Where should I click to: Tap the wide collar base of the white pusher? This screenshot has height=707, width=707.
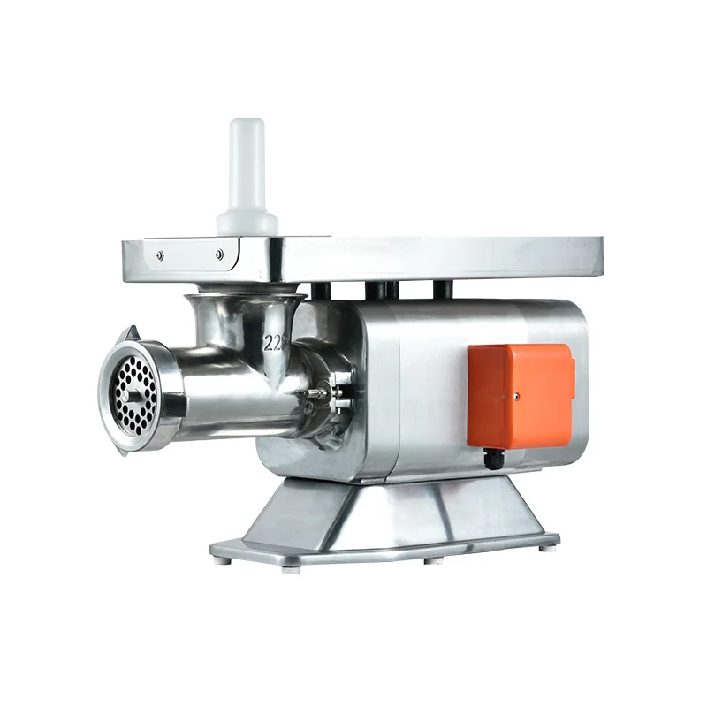point(247,220)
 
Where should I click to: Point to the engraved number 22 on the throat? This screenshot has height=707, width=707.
point(275,341)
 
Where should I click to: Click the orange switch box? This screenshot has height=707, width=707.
point(521,393)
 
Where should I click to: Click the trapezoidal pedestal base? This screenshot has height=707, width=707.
point(389,517)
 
